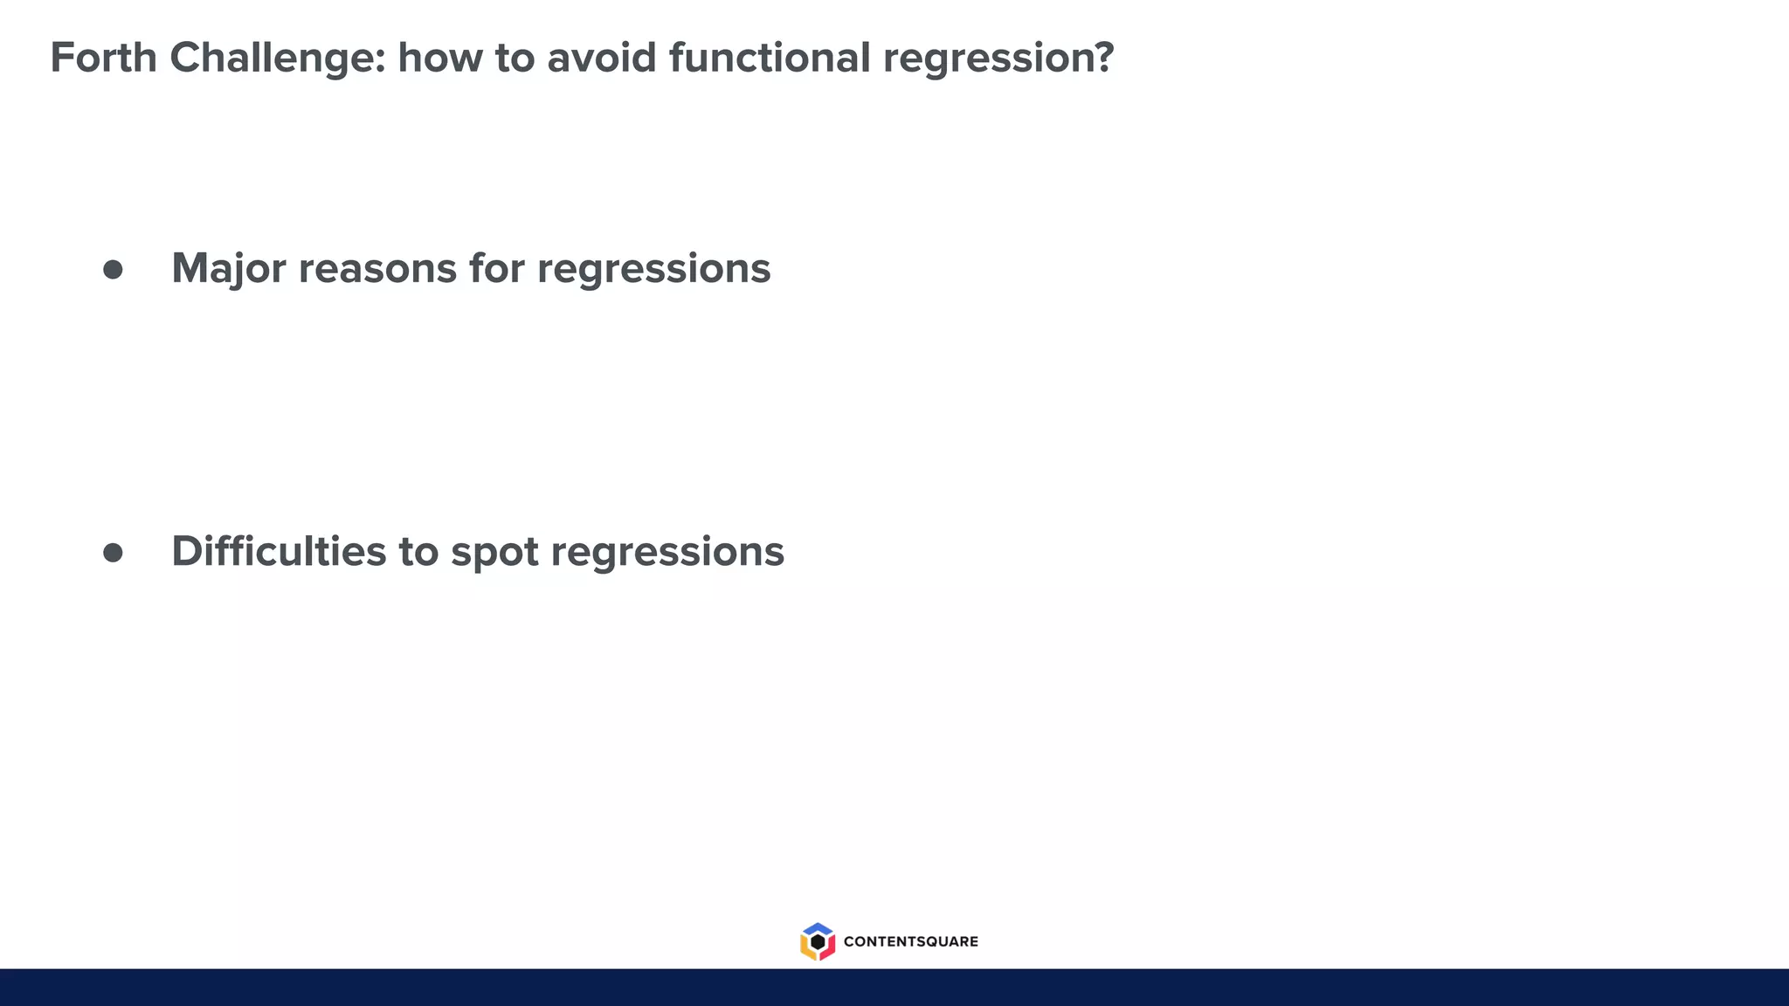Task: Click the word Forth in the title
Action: point(103,58)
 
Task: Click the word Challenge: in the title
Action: point(277,58)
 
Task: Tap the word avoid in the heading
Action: point(601,58)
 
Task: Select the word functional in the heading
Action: point(770,58)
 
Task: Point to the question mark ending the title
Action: point(1104,58)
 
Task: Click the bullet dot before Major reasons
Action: point(113,269)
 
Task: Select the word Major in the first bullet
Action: point(228,269)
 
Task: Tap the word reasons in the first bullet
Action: point(377,269)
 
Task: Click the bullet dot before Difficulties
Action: point(113,553)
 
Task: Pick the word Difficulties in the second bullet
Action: point(279,552)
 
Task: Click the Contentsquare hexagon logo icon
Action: point(818,941)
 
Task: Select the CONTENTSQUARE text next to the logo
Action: point(910,941)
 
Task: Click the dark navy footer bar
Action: point(894,988)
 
